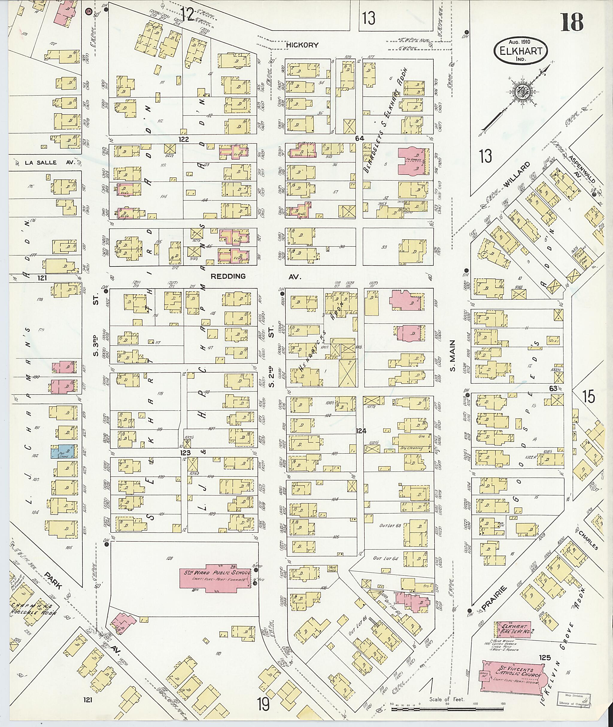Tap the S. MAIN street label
[x=453, y=356]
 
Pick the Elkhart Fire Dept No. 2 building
[x=512, y=630]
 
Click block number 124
[x=361, y=431]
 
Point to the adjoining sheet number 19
[x=264, y=705]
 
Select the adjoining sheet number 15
[x=589, y=397]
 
